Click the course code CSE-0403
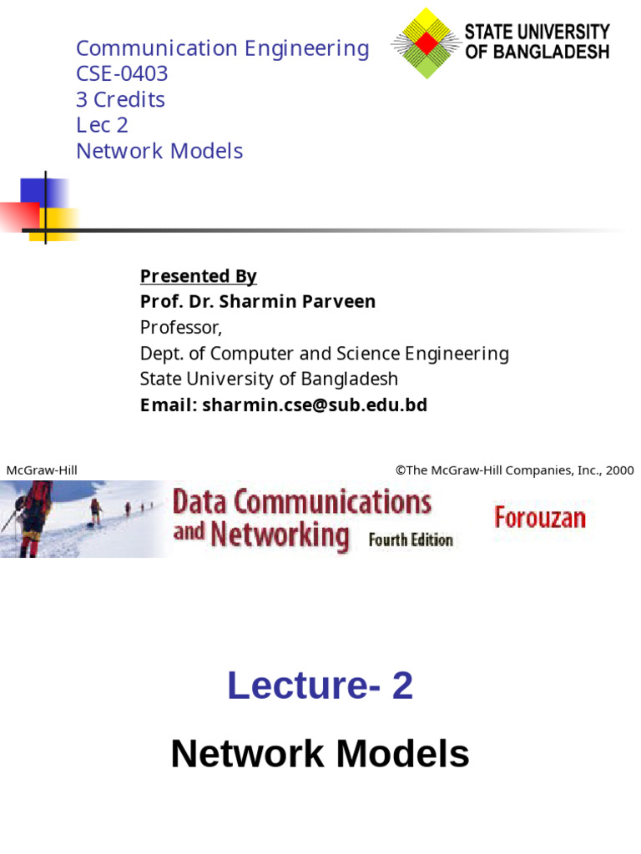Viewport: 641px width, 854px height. tap(122, 74)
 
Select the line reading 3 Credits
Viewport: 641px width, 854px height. tap(120, 100)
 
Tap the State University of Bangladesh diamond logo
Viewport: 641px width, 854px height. tap(426, 43)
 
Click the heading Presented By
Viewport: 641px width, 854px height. tap(198, 276)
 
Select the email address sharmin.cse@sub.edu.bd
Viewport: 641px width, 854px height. tap(315, 405)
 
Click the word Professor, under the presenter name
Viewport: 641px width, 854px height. tap(181, 327)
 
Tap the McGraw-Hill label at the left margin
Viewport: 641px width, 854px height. tap(42, 470)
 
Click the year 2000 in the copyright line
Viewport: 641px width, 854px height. tap(620, 470)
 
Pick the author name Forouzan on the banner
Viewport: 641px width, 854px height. tap(540, 518)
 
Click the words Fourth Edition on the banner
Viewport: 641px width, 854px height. tap(411, 540)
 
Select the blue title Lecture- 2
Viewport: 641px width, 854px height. tap(320, 686)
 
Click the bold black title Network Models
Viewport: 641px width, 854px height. tap(320, 755)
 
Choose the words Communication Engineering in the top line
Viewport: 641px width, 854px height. tap(222, 48)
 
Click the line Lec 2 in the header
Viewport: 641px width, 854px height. tap(102, 125)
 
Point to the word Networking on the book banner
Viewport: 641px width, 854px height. tap(280, 534)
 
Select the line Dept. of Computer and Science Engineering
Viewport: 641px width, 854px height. tap(324, 354)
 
